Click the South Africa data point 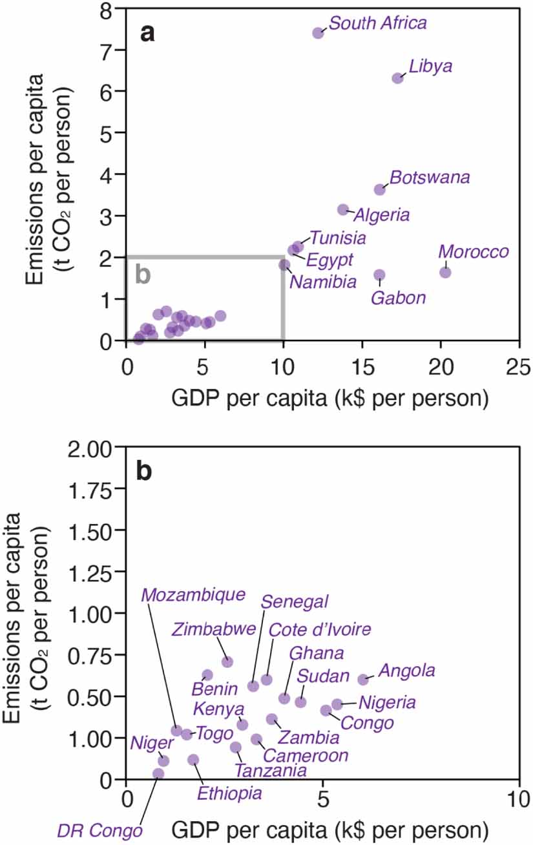pos(318,33)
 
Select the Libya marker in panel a pos(397,78)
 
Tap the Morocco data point pos(445,272)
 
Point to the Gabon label pos(398,298)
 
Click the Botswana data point pos(379,189)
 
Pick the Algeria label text pos(381,215)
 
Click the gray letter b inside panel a pos(143,275)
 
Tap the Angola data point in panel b pos(363,679)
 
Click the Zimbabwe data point pos(227,662)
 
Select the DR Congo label pos(99,829)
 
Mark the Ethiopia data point pos(193,760)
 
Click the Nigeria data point pos(337,704)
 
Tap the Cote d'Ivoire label pos(320,629)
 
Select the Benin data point pos(207,675)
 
